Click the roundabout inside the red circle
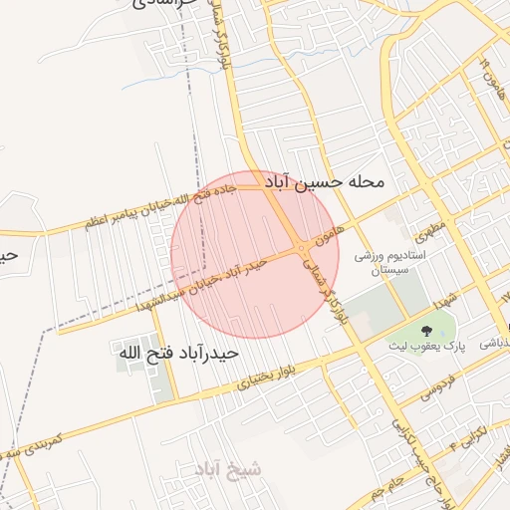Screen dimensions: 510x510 point(301,247)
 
